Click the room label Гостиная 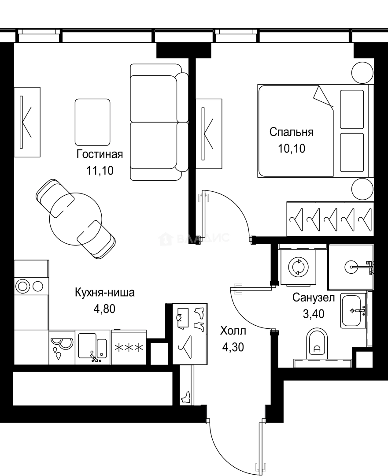100,154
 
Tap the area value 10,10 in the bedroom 291,148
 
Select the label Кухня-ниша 104,293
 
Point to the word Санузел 313,298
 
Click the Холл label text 233,331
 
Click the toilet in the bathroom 317,342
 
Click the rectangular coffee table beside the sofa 92,122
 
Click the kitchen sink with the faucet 92,347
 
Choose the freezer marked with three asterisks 129,347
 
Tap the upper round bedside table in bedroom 362,71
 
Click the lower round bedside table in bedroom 362,190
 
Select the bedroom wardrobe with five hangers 329,217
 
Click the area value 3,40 313,314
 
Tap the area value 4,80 104,309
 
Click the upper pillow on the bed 352,109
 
